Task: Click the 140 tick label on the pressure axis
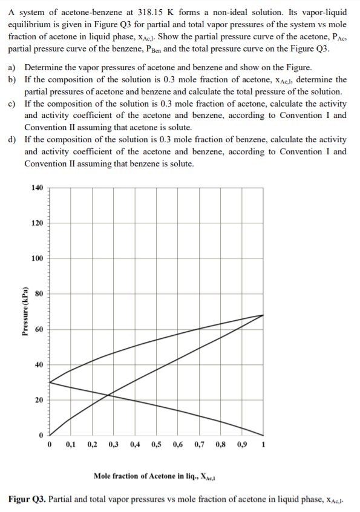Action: tap(37, 188)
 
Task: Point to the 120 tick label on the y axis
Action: tap(37, 223)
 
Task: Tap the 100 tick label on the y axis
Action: tap(37, 258)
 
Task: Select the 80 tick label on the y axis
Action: tap(39, 294)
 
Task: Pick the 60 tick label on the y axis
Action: tap(39, 329)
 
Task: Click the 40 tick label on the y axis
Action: tap(39, 365)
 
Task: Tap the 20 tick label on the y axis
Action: tap(39, 400)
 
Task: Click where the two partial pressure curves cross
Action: tap(108, 396)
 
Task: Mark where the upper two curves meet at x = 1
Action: tap(263, 315)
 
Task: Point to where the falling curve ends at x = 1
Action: tap(263, 435)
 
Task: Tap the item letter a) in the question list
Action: tap(13, 68)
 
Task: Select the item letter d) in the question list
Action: tap(13, 140)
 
